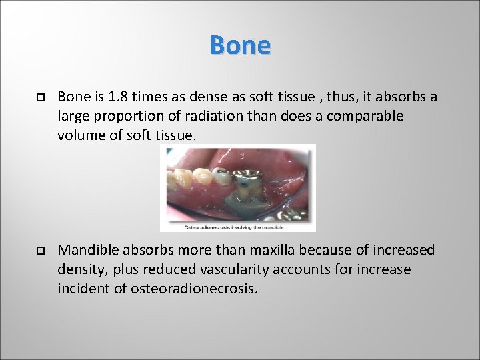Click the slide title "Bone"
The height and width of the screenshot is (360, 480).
239,45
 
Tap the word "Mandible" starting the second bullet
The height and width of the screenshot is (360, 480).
86,251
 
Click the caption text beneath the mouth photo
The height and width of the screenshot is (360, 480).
237,227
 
